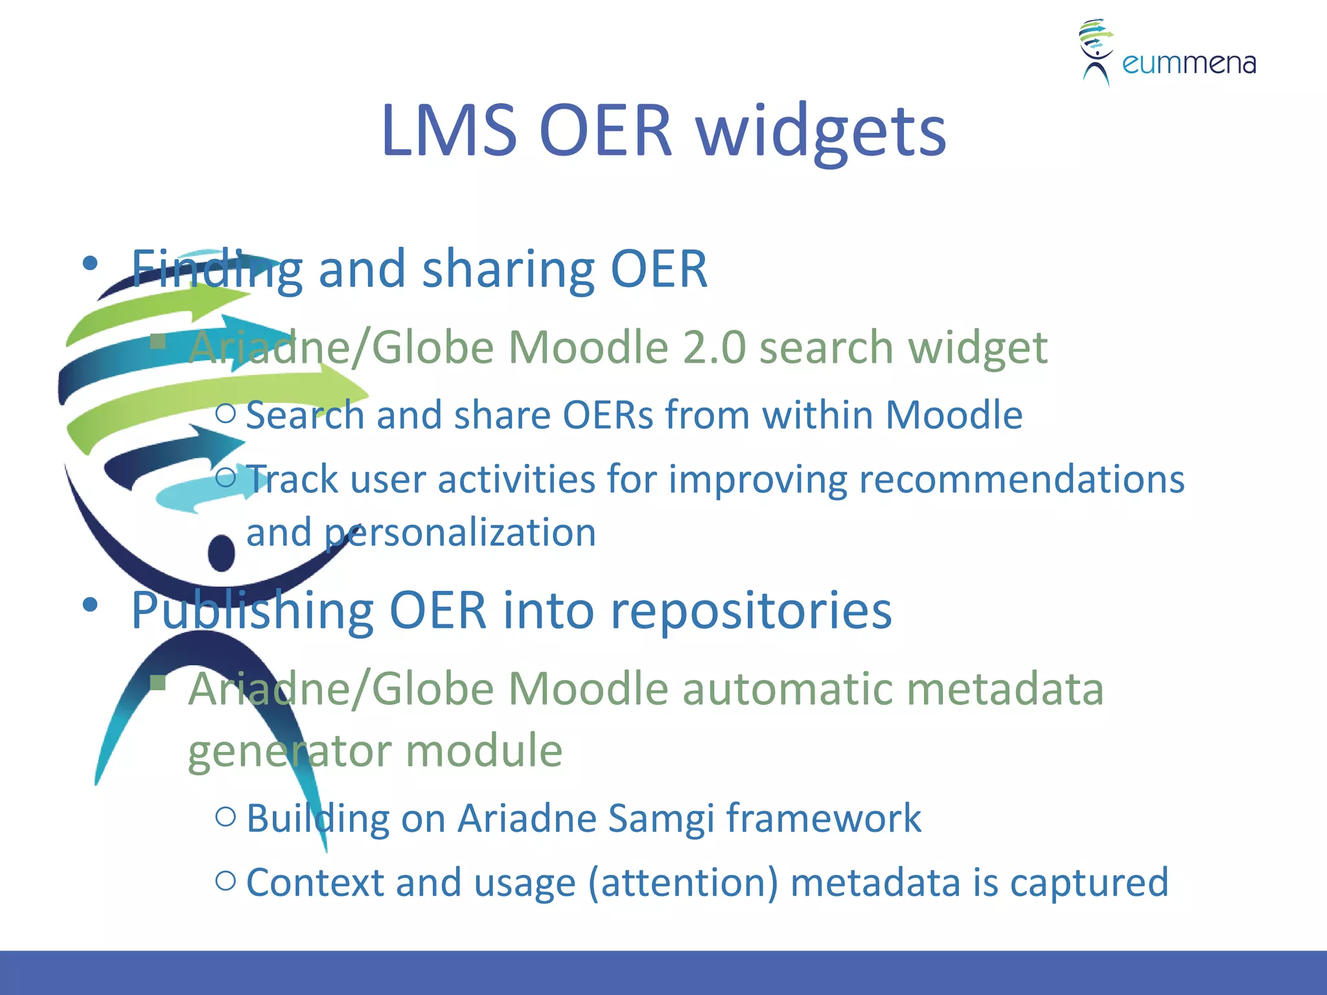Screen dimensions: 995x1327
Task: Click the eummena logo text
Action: coord(1188,63)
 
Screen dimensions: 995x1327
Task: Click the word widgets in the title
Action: coord(822,132)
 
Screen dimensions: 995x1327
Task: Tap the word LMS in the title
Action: coord(448,132)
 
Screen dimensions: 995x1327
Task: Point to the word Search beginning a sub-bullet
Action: coord(305,415)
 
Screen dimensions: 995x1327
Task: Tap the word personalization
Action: coord(460,532)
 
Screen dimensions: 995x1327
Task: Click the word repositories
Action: coord(751,610)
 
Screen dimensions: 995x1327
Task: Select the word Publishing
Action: coord(251,610)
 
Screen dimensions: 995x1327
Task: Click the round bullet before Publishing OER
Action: coord(90,605)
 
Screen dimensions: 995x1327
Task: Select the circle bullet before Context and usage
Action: coord(225,880)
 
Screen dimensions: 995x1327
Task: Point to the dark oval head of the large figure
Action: coord(222,553)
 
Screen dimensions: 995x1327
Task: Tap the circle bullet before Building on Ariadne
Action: coord(225,816)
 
